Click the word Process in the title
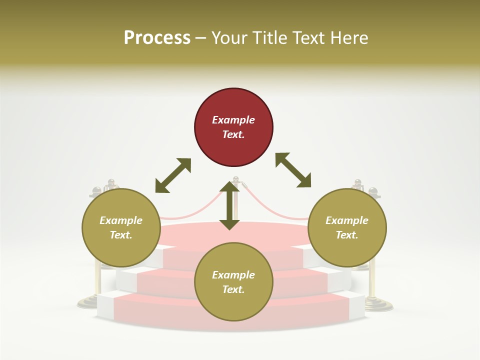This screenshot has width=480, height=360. (157, 37)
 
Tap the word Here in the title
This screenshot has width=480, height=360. (349, 37)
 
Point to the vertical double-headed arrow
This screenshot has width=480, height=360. (229, 205)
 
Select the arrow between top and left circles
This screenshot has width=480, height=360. (173, 175)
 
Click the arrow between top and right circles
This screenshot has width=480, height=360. (293, 170)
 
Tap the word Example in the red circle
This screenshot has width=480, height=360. (233, 120)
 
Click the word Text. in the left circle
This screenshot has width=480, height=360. (121, 235)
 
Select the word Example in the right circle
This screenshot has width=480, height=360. (347, 220)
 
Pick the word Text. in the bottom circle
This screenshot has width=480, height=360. (233, 289)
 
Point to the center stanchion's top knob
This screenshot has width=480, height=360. (236, 178)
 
